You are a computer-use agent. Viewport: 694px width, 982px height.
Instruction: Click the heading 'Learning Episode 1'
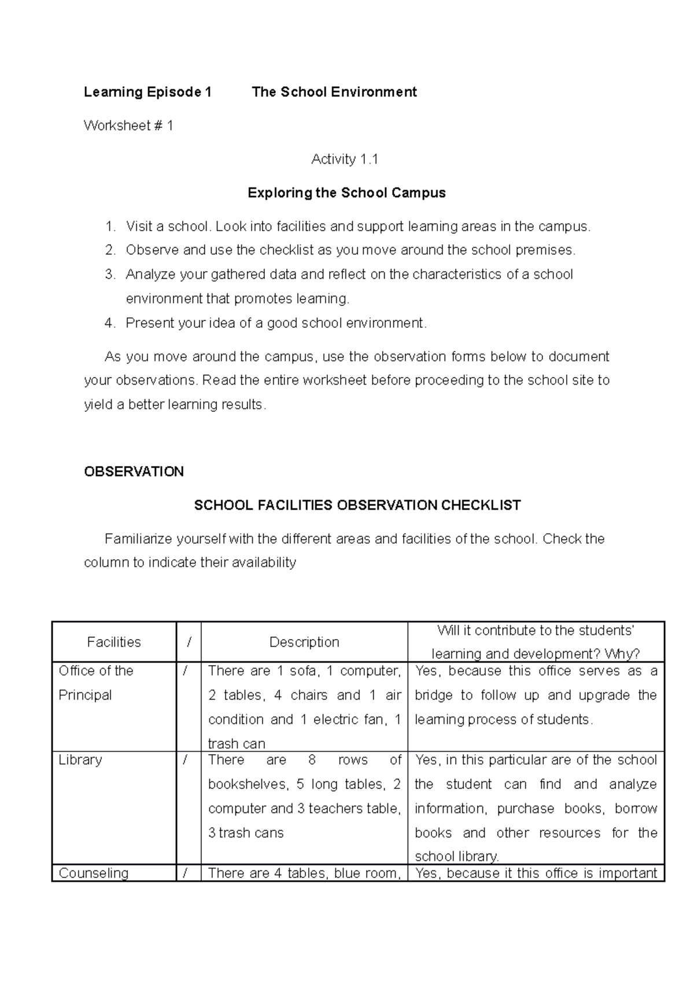click(147, 92)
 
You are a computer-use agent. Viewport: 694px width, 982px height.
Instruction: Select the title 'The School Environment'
click(334, 92)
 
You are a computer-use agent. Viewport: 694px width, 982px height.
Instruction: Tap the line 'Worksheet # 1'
click(128, 125)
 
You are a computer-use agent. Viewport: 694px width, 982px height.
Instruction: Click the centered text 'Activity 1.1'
click(345, 160)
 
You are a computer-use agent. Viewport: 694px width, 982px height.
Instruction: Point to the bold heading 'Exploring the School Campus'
click(346, 193)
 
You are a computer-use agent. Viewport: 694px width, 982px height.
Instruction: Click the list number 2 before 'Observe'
click(110, 250)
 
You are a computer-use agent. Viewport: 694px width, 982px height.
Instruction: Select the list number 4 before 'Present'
click(110, 323)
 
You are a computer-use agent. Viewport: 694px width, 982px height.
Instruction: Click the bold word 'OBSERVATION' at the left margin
click(134, 472)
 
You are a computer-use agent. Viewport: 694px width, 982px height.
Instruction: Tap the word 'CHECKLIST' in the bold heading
click(481, 505)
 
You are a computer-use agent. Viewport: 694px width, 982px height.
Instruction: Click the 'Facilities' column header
click(114, 642)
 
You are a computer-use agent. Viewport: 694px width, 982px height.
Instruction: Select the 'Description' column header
click(304, 642)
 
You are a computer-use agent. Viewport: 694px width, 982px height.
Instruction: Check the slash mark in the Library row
click(185, 760)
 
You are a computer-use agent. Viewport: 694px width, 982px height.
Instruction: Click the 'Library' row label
click(80, 760)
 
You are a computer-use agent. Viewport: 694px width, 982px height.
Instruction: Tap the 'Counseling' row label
click(94, 873)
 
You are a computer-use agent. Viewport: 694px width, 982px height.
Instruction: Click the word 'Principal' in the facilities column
click(85, 695)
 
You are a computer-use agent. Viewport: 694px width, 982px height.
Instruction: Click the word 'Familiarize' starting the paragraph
click(138, 539)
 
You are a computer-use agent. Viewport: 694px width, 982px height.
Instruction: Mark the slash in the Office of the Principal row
click(185, 671)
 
